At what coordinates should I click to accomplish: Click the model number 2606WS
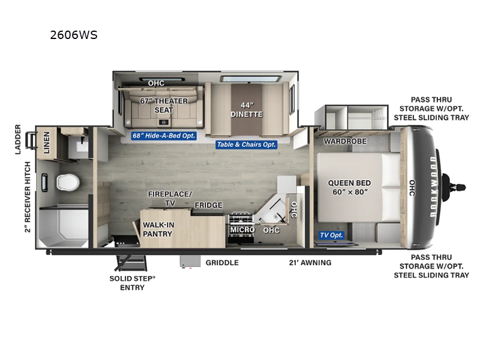pos(74,35)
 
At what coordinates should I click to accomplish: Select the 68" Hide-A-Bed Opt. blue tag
pos(164,136)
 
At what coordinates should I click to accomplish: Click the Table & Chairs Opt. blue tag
pos(247,145)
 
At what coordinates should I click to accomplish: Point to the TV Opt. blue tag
pos(332,235)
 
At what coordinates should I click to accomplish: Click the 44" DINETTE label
pos(247,109)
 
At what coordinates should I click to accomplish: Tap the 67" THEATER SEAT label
pos(164,105)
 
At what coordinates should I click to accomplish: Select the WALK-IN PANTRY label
pos(158,229)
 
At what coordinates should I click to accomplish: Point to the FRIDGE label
pos(208,205)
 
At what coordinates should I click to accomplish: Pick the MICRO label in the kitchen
pos(242,230)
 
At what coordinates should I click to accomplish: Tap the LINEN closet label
pos(46,143)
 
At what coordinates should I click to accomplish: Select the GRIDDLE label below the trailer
pos(222,263)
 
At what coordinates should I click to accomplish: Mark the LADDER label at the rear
pos(19,139)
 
